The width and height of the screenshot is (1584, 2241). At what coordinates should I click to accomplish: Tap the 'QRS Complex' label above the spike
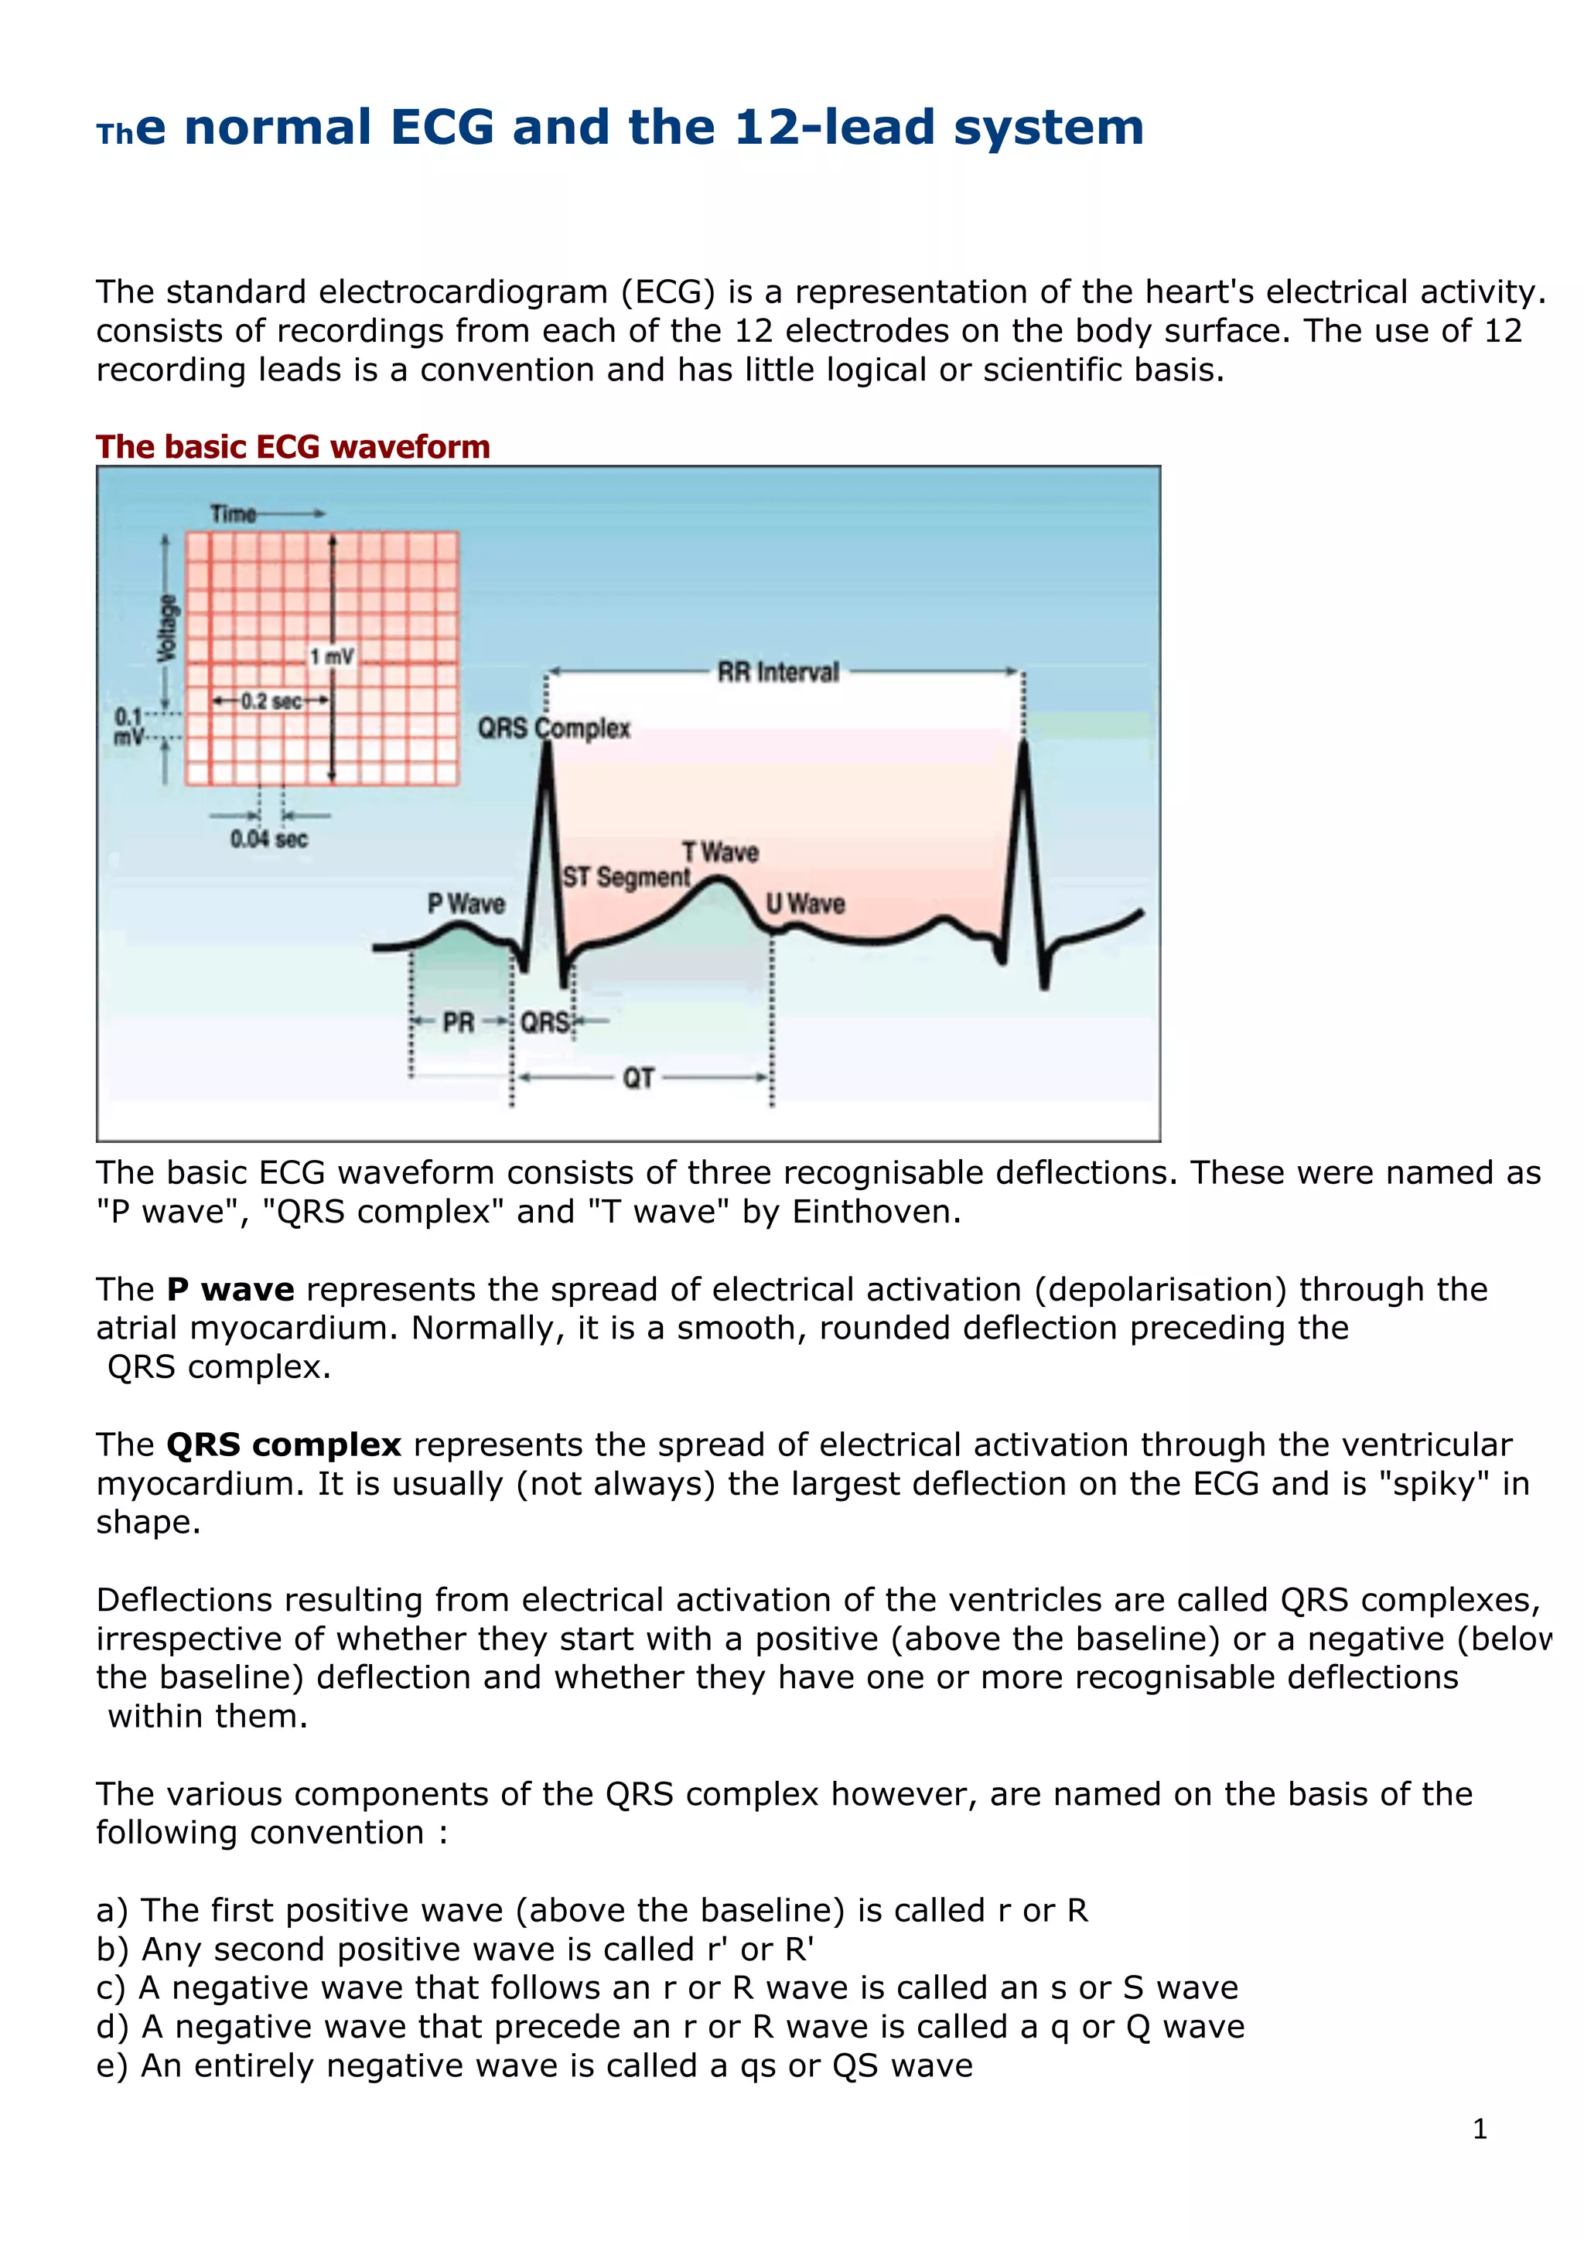(x=553, y=728)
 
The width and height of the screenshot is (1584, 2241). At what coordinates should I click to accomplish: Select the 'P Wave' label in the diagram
(x=466, y=904)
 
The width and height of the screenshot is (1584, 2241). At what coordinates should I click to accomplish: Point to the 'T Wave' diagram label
(x=720, y=852)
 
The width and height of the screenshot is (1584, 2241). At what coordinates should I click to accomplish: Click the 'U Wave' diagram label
(x=805, y=904)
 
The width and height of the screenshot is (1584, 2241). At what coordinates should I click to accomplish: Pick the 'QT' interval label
(x=638, y=1077)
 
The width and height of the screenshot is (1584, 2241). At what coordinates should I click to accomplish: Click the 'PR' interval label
(x=458, y=1022)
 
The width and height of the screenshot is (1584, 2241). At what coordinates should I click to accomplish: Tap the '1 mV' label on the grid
(x=332, y=657)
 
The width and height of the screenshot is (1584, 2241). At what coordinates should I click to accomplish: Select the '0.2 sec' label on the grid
(x=271, y=701)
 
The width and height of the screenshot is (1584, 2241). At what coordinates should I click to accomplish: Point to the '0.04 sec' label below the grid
(x=269, y=838)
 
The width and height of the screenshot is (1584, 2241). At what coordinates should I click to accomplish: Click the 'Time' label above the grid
(x=234, y=513)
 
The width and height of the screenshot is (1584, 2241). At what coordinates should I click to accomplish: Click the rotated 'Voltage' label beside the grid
(x=168, y=628)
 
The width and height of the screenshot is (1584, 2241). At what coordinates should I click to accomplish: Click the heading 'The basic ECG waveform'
(x=293, y=447)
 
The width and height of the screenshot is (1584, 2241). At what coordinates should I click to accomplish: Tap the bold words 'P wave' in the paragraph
(x=230, y=1289)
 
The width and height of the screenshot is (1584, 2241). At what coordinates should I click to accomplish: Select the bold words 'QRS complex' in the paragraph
(x=283, y=1445)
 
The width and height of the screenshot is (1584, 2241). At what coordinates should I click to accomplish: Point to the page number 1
(x=1480, y=2129)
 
